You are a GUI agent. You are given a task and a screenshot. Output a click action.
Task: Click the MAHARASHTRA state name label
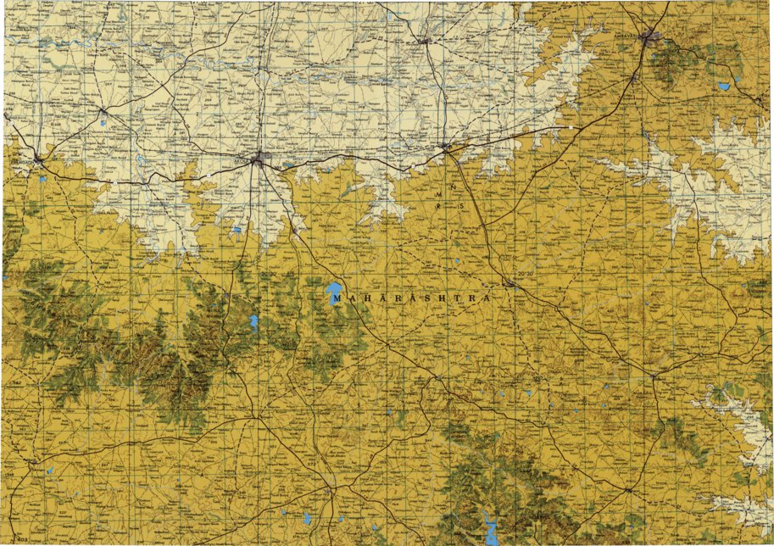coord(411,298)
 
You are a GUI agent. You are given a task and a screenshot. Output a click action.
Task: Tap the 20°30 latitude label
coord(526,273)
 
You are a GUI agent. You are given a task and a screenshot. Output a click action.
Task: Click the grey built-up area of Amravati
coord(650,37)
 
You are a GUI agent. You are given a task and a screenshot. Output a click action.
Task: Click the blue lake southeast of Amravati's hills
coord(723,86)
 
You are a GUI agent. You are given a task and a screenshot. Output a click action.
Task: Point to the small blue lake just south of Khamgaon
coord(40,178)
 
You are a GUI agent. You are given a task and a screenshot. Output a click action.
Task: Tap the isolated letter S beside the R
coord(461,206)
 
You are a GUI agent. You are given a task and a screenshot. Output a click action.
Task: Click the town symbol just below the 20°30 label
coord(510,286)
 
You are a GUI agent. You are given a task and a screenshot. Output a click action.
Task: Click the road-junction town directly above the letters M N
coord(447,148)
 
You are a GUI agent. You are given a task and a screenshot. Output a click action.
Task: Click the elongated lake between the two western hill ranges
coord(253,322)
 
